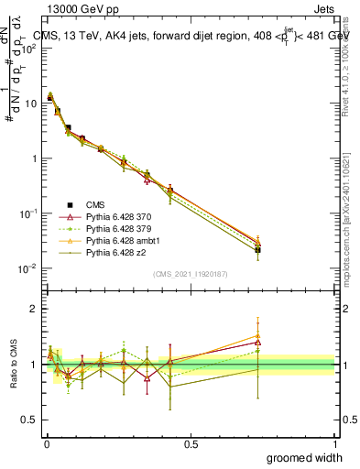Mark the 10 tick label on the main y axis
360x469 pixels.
pos(28,104)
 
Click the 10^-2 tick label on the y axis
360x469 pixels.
pos(26,268)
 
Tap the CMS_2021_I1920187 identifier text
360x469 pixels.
pos(190,274)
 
